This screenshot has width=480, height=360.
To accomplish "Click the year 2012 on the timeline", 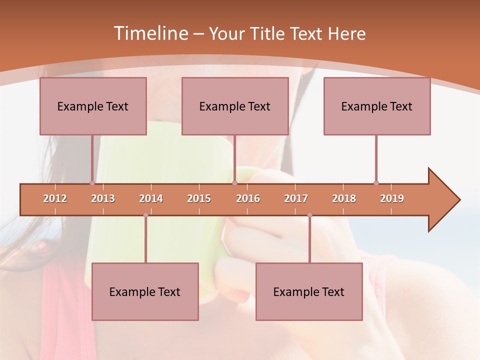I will tap(55, 198).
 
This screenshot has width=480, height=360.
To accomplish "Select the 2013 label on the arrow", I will tap(103, 198).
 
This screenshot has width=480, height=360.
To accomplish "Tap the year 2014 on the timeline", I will tap(151, 198).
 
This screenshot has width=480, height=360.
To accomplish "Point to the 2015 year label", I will tap(199, 198).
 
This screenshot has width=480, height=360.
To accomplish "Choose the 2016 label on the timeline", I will tap(248, 198).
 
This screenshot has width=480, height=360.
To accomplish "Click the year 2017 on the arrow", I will tap(296, 198).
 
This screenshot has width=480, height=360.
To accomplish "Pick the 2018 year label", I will tap(344, 198).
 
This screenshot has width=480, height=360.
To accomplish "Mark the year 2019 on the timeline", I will tap(392, 198).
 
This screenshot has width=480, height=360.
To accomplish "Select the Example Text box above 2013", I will tap(93, 106).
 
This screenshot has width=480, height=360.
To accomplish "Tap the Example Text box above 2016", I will tap(235, 106).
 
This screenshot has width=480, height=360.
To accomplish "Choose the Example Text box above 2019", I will tap(377, 106).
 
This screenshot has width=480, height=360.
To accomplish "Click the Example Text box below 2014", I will tap(145, 291).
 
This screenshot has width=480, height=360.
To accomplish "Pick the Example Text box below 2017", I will tap(309, 291).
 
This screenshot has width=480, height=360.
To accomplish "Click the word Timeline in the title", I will tap(150, 33).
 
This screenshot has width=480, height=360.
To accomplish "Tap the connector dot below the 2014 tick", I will tap(145, 215).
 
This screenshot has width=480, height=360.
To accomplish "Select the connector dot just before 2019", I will tap(376, 183).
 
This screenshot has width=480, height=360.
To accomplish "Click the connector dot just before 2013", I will tap(92, 183).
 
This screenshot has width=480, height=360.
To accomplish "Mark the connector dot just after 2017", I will tap(309, 215).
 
